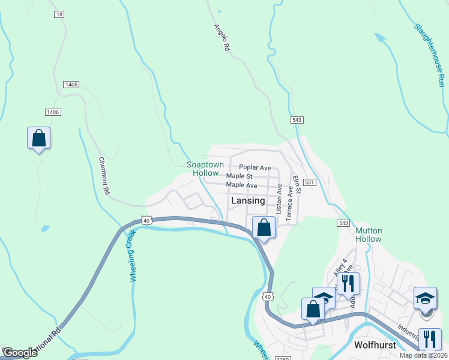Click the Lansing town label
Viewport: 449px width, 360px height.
(x=248, y=202)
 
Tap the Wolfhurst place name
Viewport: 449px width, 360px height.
(x=377, y=346)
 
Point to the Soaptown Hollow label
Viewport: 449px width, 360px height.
(x=205, y=169)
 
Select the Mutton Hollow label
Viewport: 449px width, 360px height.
(x=369, y=235)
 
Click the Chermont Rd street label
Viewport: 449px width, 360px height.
(x=105, y=176)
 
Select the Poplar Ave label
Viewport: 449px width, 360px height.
(x=255, y=167)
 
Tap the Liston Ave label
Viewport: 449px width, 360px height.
(x=279, y=199)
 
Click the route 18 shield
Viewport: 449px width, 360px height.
(x=58, y=14)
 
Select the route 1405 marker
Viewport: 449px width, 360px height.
(x=71, y=85)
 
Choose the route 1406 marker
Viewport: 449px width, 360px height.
(x=53, y=112)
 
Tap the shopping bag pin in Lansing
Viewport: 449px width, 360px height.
(x=264, y=227)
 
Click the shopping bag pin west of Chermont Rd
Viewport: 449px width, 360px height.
(x=39, y=138)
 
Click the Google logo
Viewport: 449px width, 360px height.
(x=19, y=353)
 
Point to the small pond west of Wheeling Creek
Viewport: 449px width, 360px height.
(x=44, y=229)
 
